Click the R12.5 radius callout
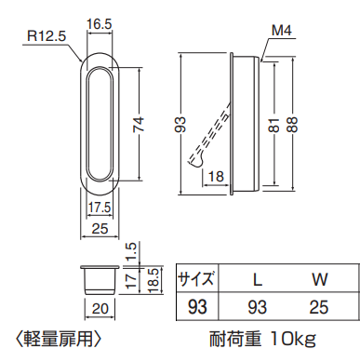click(x=47, y=37)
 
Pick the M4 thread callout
click(x=282, y=33)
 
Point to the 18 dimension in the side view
click(x=215, y=177)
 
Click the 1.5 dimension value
click(x=132, y=251)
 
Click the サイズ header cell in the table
click(x=197, y=278)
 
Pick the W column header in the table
click(x=318, y=278)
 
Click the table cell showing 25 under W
click(x=318, y=304)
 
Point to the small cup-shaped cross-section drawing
click(x=98, y=279)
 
